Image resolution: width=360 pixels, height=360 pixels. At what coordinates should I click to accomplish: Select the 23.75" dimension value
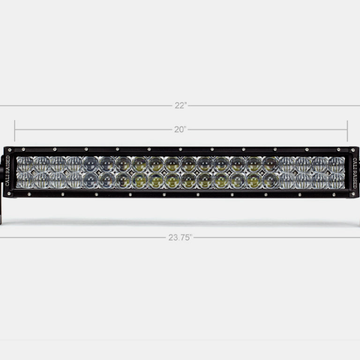click(180, 238)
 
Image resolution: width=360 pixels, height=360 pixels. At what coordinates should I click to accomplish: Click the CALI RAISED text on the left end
click(7, 172)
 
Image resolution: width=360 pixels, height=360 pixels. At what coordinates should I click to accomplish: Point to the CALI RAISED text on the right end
click(354, 172)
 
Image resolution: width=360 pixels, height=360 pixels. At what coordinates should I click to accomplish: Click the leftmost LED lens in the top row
click(25, 163)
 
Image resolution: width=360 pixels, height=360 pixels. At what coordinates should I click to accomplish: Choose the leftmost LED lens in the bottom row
click(25, 180)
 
